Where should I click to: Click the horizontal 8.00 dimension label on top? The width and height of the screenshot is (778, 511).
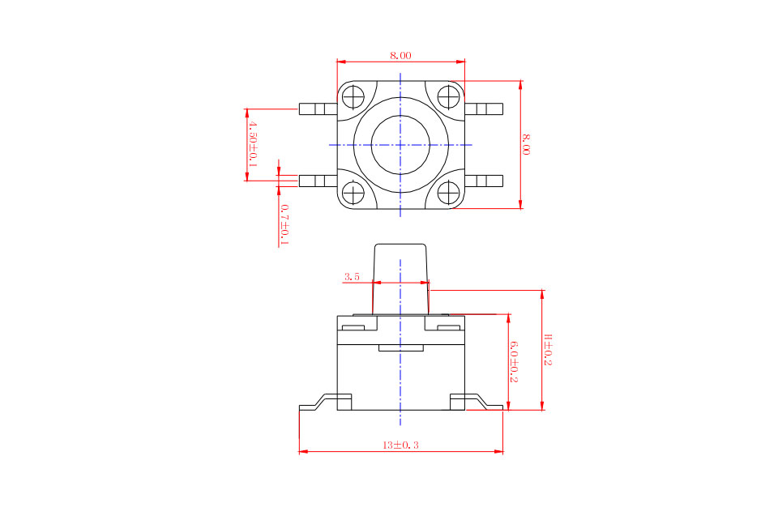point(400,56)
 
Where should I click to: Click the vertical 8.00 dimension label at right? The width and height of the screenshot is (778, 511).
point(526,144)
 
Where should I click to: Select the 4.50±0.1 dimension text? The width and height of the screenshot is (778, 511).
point(253,143)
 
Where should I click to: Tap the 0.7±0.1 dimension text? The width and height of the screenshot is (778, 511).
point(284,224)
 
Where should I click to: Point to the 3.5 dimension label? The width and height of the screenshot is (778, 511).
point(351,277)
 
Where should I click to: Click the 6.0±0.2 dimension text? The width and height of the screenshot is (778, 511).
point(514,361)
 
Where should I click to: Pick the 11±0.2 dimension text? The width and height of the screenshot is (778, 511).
point(548,350)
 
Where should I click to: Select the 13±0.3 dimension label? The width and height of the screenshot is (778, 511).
point(400,445)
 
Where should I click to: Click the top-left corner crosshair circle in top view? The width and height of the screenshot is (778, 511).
point(353,96)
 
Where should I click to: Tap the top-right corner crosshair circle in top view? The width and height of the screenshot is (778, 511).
point(448,96)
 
